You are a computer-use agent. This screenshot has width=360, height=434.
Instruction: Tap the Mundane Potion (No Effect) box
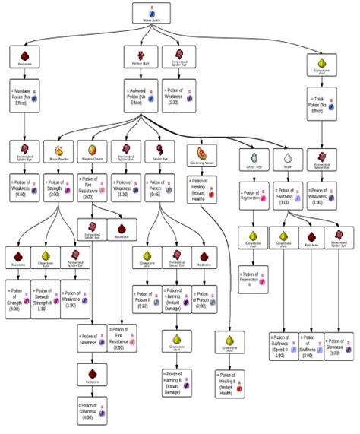pyautogui.click(x=26, y=94)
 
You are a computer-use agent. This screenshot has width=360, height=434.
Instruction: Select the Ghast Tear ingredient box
pyautogui.click(x=253, y=155)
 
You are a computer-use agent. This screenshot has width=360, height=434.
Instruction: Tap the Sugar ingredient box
pyautogui.click(x=287, y=155)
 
